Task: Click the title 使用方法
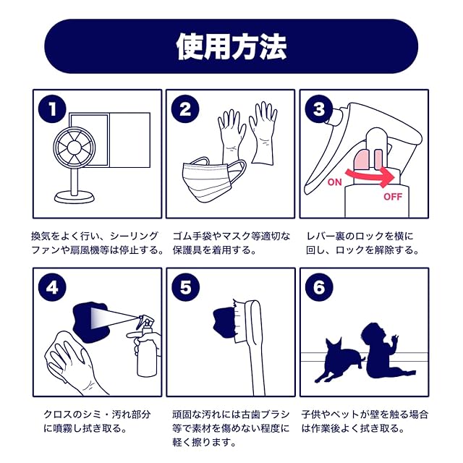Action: coord(231,46)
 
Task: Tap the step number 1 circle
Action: coord(52,109)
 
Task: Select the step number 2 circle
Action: coord(185,109)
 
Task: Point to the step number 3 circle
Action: coord(319,109)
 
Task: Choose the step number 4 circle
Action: coord(52,288)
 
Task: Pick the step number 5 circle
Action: coord(185,288)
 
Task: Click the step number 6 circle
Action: coord(319,288)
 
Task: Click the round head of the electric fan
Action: coord(75,147)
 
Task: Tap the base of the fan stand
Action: coord(75,197)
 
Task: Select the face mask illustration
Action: coord(213,181)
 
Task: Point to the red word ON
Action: coord(334,182)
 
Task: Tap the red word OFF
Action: coord(393,197)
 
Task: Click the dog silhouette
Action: coord(339,360)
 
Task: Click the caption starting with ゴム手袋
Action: coord(231,243)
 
